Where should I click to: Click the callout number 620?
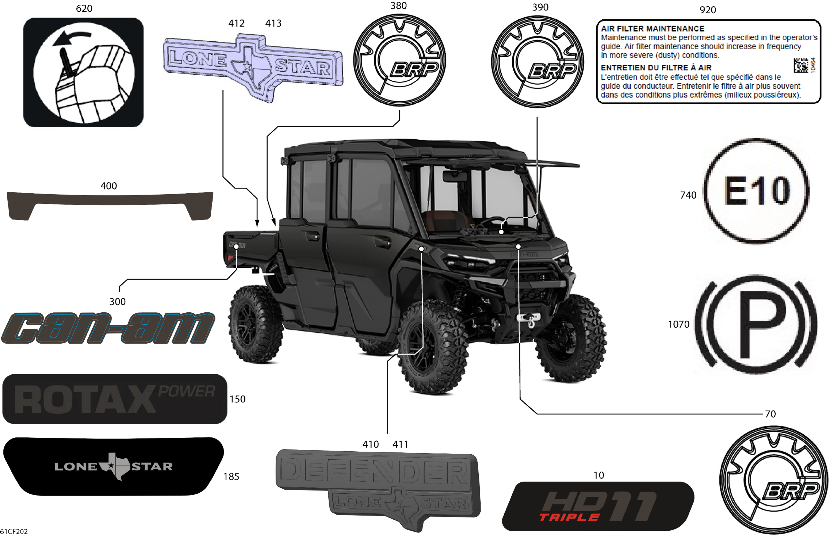pyautogui.click(x=84, y=8)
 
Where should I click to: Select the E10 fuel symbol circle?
pyautogui.click(x=756, y=190)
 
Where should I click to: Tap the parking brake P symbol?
pyautogui.click(x=756, y=324)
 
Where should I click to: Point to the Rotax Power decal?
pyautogui.click(x=114, y=399)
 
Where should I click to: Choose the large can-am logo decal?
pyautogui.click(x=108, y=328)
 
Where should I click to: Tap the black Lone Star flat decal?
pyautogui.click(x=113, y=466)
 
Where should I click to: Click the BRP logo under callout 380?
pyautogui.click(x=399, y=60)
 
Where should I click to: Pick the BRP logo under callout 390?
pyautogui.click(x=537, y=61)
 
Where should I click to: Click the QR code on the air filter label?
pyautogui.click(x=801, y=65)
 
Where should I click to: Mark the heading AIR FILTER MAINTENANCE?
pyautogui.click(x=652, y=29)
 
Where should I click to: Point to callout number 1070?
pyautogui.click(x=678, y=324)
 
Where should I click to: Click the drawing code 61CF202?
pyautogui.click(x=14, y=531)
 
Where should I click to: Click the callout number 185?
pyautogui.click(x=231, y=476)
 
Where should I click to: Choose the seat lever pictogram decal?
pyautogui.click(x=83, y=72)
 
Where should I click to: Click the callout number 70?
pyautogui.click(x=770, y=414)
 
